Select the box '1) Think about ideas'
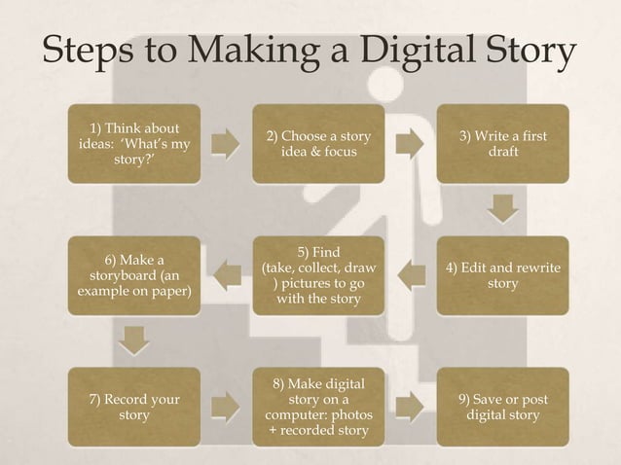(133, 144)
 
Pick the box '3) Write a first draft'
(502, 144)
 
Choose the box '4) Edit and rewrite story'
(502, 275)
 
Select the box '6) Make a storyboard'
(133, 275)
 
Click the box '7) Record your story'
(133, 407)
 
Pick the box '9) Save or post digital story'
(502, 407)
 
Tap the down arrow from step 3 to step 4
(502, 208)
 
